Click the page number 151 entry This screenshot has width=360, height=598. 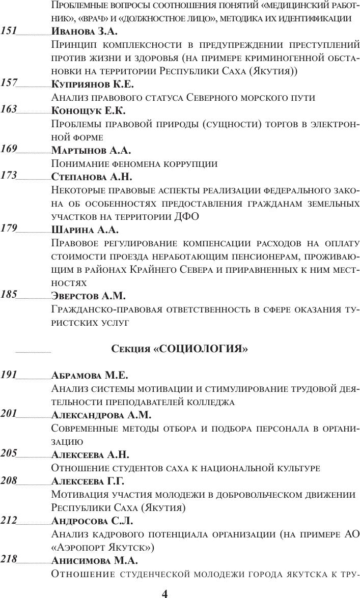(x=9, y=31)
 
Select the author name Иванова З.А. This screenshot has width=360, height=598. (x=85, y=32)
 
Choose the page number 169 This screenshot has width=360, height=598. (x=9, y=150)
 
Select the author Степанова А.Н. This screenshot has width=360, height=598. (x=92, y=177)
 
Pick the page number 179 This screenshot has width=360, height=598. (x=9, y=229)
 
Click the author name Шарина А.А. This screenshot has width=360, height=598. (x=85, y=230)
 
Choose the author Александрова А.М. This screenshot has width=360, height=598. (x=101, y=415)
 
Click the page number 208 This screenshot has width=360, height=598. (x=9, y=481)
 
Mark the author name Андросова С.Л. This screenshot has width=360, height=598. (x=91, y=521)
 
